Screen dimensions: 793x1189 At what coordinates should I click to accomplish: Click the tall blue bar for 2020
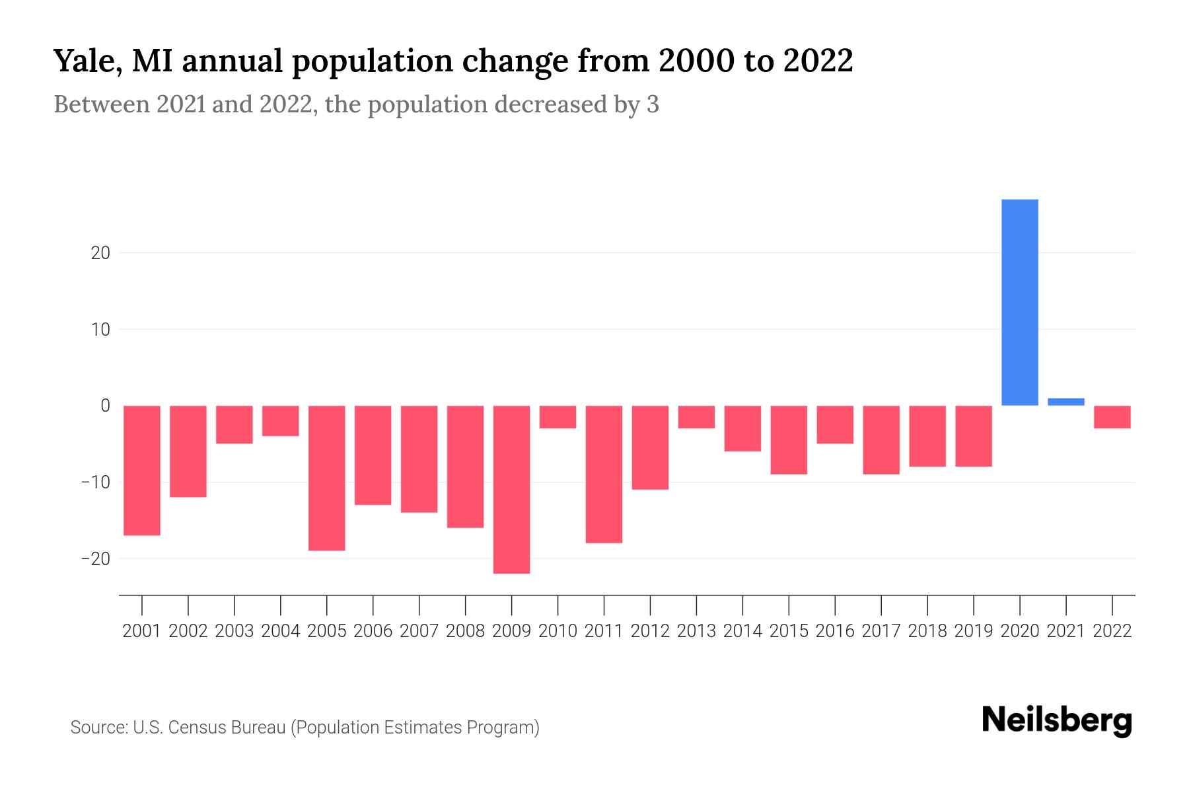[1020, 302]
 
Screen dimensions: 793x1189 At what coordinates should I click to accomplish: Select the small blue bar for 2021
[1066, 402]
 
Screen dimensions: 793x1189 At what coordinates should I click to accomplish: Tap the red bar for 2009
[511, 489]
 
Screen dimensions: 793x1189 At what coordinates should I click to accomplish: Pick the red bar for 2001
[142, 471]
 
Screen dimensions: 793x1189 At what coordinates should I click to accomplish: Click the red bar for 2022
[1112, 417]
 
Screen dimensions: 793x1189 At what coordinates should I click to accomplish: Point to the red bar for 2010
[558, 417]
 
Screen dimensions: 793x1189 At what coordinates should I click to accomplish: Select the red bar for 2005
[327, 478]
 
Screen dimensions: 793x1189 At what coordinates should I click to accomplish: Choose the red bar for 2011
[604, 474]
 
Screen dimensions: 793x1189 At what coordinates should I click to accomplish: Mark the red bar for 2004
[281, 421]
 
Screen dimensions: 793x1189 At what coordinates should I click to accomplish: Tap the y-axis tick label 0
[105, 406]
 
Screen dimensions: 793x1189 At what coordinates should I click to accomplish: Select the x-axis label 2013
[696, 631]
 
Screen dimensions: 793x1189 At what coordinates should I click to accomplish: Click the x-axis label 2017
[881, 631]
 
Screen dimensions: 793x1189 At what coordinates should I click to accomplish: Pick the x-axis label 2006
[373, 631]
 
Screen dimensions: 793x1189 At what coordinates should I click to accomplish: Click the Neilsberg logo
[1057, 721]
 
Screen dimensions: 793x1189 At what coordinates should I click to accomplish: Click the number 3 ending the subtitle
[653, 105]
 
